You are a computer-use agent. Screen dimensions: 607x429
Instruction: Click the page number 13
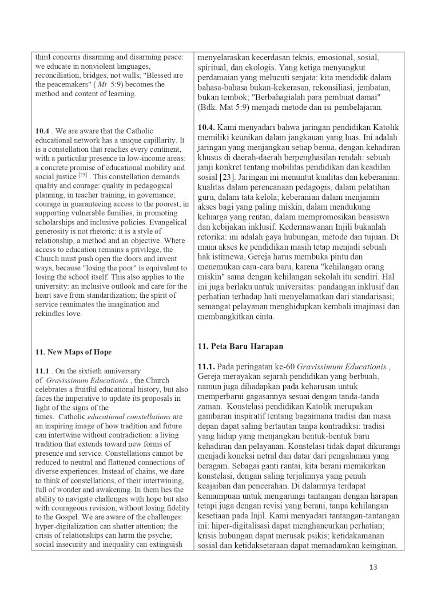click(x=374, y=567)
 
